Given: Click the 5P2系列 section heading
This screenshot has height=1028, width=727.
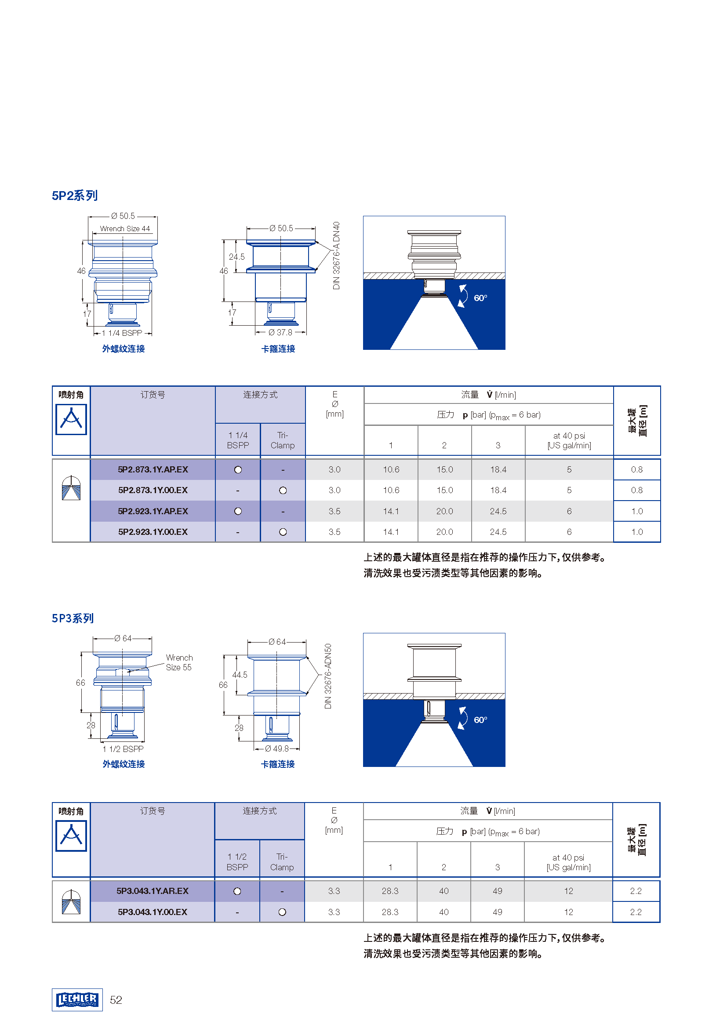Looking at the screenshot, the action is [x=74, y=196].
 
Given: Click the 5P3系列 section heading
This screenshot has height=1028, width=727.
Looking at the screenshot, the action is [x=73, y=618].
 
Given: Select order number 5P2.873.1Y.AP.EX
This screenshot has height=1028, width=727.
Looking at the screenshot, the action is [x=153, y=469].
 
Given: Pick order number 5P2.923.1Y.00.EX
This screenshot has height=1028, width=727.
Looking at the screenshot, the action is [x=153, y=532].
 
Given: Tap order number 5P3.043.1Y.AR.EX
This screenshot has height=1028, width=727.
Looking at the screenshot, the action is [x=152, y=891].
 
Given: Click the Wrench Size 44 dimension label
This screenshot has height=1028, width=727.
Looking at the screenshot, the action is [x=125, y=229].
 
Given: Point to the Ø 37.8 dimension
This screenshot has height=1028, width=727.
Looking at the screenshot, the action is [x=280, y=332].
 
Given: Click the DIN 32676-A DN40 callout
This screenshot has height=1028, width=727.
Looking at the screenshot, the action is [x=336, y=255].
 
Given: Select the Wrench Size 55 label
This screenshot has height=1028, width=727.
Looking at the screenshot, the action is [x=179, y=662].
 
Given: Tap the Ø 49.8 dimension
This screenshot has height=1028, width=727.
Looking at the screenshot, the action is [x=276, y=748].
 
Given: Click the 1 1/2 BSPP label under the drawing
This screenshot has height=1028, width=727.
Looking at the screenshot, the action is [x=123, y=749].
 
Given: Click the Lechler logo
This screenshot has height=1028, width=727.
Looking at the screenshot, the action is [x=77, y=1000].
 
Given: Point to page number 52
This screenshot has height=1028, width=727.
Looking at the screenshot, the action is [x=116, y=1000].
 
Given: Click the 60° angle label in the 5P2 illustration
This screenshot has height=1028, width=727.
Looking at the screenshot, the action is [x=480, y=298].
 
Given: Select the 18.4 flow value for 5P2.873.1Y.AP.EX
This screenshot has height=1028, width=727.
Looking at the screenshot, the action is [x=498, y=469].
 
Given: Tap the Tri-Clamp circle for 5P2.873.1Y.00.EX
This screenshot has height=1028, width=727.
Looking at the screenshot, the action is [x=283, y=490].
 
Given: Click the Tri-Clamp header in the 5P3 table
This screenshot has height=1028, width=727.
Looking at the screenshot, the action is [x=282, y=862].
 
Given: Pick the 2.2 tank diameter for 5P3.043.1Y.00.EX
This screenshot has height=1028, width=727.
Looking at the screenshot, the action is [x=636, y=912].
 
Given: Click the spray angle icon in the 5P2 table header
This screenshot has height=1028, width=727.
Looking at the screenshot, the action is [x=71, y=420].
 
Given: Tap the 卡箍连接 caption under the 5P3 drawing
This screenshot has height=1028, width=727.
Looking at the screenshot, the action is [x=278, y=764].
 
